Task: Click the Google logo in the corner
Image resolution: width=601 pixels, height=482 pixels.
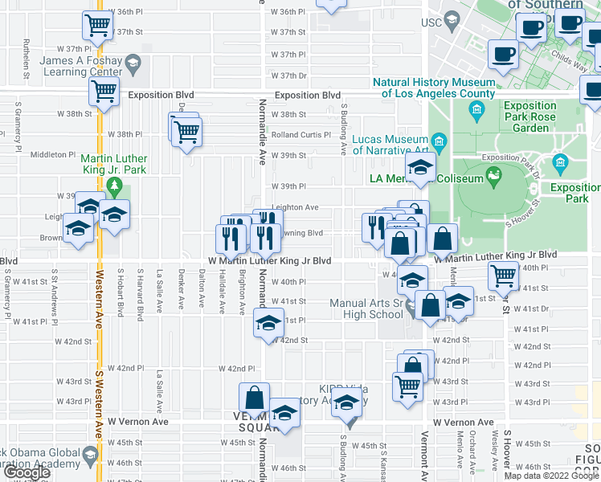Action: [x=26, y=472]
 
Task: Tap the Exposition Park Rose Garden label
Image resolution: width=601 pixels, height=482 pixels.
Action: [x=529, y=116]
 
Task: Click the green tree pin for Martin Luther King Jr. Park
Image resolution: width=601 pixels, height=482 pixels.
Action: [x=114, y=187]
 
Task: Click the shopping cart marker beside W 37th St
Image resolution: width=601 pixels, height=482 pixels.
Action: [x=97, y=26]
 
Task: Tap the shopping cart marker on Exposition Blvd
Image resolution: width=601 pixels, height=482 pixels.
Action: [x=104, y=92]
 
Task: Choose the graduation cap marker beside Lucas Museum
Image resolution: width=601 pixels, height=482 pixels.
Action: [x=420, y=167]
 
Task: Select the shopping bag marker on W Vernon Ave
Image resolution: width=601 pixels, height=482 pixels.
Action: [x=255, y=397]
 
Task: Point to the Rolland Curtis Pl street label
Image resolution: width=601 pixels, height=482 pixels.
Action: [x=301, y=135]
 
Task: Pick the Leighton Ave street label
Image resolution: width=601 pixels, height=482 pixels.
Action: [x=295, y=207]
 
